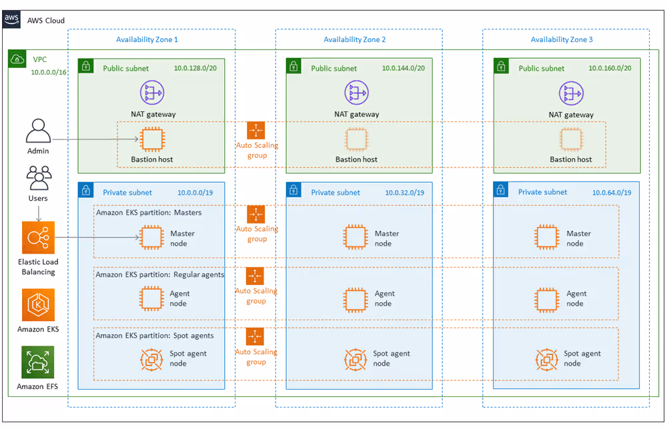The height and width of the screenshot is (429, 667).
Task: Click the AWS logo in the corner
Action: click(x=11, y=19)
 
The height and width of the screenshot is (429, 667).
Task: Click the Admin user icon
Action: click(x=38, y=131)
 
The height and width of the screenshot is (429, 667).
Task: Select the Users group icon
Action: click(x=39, y=177)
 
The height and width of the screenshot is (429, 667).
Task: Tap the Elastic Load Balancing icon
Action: click(x=38, y=238)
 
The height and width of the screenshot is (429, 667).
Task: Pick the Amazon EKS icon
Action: click(x=38, y=305)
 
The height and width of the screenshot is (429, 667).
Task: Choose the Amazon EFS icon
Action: click(x=38, y=362)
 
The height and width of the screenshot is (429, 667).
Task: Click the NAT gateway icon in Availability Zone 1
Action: click(x=152, y=93)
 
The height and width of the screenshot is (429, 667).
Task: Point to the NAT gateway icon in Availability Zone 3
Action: click(x=571, y=93)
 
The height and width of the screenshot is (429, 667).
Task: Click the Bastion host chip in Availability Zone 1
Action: click(x=152, y=139)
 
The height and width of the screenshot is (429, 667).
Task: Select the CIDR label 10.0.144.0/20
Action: click(x=404, y=68)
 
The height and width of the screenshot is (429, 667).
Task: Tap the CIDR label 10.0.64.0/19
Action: click(x=612, y=193)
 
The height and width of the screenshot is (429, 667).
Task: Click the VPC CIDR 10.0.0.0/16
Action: click(x=49, y=72)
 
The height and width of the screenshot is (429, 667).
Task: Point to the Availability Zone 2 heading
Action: click(x=354, y=39)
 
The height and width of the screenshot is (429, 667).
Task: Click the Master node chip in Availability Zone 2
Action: click(x=356, y=237)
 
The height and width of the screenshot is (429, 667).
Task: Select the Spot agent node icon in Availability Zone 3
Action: click(x=547, y=359)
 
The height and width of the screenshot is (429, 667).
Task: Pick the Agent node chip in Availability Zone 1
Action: click(x=151, y=298)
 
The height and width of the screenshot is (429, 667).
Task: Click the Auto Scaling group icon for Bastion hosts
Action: click(x=255, y=130)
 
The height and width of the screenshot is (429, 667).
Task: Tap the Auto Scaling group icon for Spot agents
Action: click(x=255, y=336)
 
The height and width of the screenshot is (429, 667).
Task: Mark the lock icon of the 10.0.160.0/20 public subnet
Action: click(x=501, y=66)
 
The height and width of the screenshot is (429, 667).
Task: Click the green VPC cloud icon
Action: click(x=17, y=59)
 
